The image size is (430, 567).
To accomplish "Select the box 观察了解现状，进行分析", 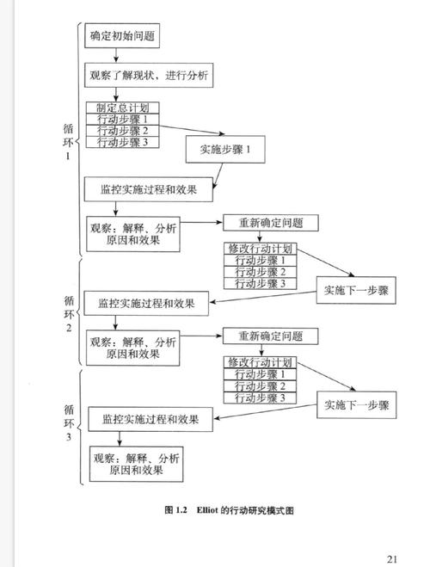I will tap(148, 76).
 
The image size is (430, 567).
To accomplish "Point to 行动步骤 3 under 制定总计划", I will tap(123, 142).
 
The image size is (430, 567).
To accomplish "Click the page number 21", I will tap(392, 557).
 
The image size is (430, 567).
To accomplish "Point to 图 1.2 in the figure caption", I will tap(175, 510).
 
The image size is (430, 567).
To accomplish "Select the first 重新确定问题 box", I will tap(271, 222).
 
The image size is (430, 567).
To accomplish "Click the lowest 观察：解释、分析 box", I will tap(136, 465).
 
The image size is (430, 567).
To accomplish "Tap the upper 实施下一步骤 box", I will tap(356, 290).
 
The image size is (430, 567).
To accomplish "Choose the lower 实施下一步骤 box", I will tap(356, 404).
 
